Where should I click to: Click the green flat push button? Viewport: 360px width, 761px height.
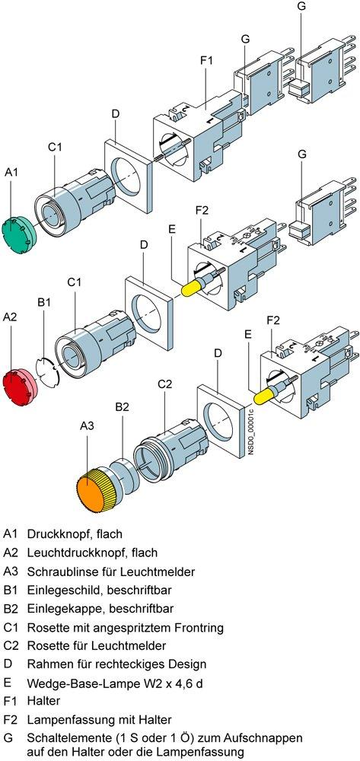click(x=20, y=231)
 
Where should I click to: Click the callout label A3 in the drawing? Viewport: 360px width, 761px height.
click(x=87, y=425)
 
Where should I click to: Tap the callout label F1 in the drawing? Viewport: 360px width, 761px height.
click(x=206, y=61)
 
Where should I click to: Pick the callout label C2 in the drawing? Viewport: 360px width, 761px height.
click(x=165, y=384)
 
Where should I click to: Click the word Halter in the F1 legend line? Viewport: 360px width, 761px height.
click(x=43, y=701)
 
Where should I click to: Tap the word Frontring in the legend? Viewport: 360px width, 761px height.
click(x=199, y=628)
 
